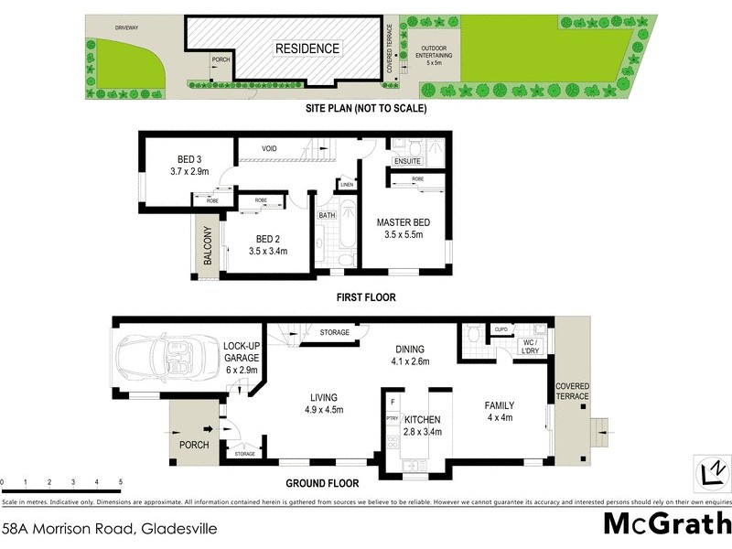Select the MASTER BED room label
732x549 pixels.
[404, 222]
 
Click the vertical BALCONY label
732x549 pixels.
[208, 245]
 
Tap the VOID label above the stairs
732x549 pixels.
[269, 148]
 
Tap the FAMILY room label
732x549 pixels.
[500, 405]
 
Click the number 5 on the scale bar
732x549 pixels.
[120, 481]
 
